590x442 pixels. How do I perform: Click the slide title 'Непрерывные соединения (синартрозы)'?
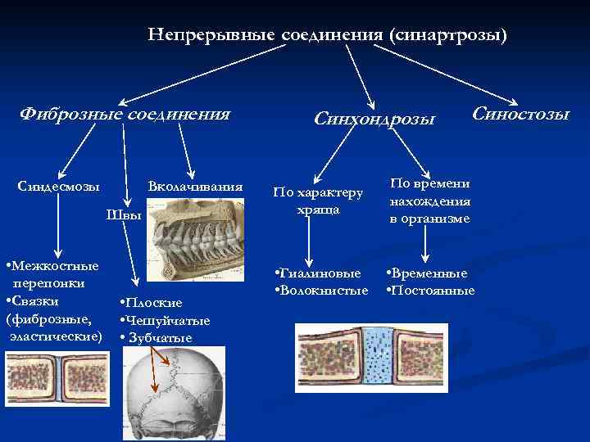(328, 35)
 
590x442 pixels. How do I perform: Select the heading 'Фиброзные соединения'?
(125, 113)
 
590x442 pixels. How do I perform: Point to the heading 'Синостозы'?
(520, 113)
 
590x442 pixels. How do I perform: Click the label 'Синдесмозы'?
(59, 187)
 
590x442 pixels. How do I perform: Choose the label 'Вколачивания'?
(195, 187)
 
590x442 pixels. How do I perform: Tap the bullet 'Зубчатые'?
(159, 337)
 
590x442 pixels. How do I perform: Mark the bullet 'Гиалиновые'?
(320, 273)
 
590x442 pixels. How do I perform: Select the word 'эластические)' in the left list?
(56, 336)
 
